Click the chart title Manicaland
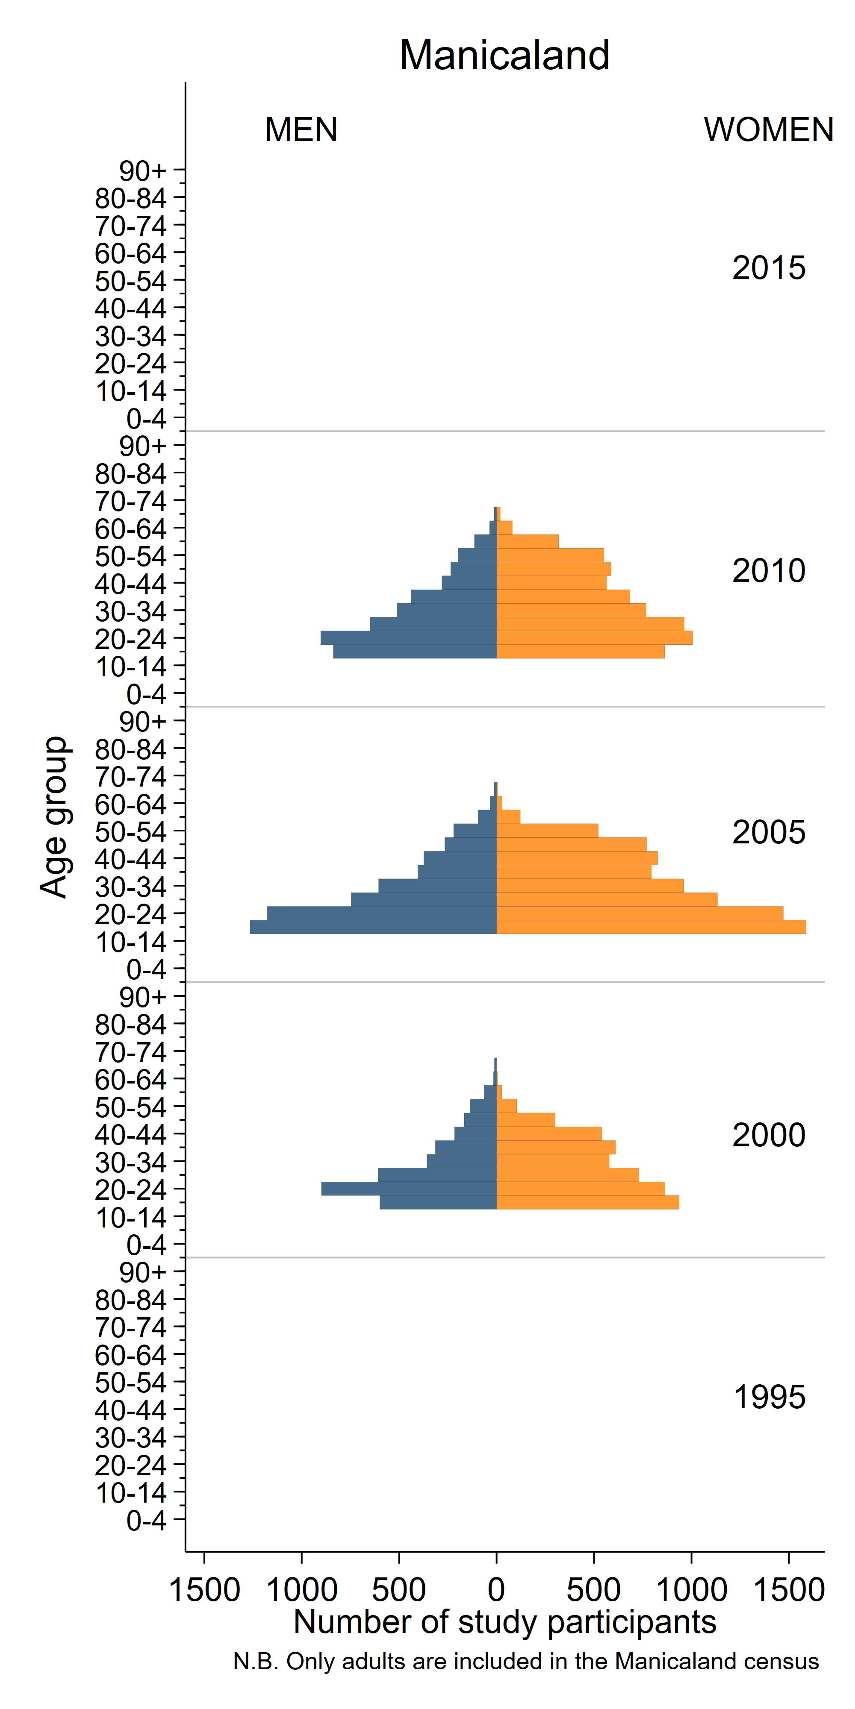(x=504, y=55)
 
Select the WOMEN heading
(x=768, y=129)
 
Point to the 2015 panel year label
(x=768, y=268)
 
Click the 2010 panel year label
(x=768, y=570)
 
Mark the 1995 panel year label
(x=769, y=1397)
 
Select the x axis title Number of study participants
(x=504, y=1621)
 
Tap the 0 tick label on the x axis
(x=496, y=1589)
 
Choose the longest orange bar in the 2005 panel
(x=651, y=927)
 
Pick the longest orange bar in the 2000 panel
(x=587, y=1202)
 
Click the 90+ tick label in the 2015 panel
(x=143, y=171)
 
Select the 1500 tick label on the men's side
(x=204, y=1589)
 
